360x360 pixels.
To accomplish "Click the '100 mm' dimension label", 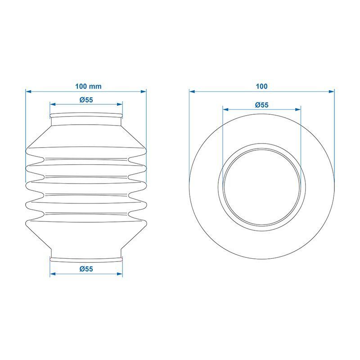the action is pyautogui.click(x=88, y=86).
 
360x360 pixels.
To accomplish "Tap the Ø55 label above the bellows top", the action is pyautogui.click(x=86, y=100).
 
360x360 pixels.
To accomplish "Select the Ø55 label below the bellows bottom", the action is pyautogui.click(x=86, y=269).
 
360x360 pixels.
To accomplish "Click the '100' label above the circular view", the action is pyautogui.click(x=262, y=86).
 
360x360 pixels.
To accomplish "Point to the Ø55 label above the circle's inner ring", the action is pyautogui.click(x=262, y=105).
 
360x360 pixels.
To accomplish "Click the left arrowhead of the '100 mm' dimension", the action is pyautogui.click(x=28, y=92).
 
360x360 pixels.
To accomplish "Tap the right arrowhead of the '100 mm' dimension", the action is pyautogui.click(x=143, y=92).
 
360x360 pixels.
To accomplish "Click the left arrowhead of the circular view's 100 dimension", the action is pyautogui.click(x=192, y=92).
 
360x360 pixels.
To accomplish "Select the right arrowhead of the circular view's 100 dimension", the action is pyautogui.click(x=332, y=92).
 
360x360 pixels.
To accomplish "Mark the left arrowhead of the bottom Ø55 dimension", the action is pyautogui.click(x=53, y=274).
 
